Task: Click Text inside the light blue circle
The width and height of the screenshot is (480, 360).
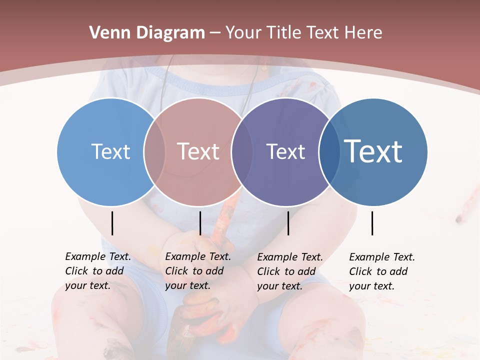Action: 110,151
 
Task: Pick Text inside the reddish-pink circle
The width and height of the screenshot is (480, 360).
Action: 198,151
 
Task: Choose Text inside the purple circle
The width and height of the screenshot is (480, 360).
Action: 285,151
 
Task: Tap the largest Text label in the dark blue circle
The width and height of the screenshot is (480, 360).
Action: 373,151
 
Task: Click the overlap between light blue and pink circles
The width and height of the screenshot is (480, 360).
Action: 154,151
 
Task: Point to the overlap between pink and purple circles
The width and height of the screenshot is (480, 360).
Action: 241,151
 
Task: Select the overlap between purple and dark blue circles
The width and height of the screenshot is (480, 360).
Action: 329,151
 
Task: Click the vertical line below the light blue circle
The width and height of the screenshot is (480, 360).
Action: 112,223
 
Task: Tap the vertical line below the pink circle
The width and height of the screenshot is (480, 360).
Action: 200,223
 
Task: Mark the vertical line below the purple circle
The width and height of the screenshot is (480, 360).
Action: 288,223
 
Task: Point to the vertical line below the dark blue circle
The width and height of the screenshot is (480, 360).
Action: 372,223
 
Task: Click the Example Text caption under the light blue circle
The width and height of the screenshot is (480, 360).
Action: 97,271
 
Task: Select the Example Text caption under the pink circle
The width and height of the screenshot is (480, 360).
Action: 197,271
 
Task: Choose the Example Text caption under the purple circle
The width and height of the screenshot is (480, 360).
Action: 289,271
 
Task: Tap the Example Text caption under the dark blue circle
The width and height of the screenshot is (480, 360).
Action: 381,271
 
